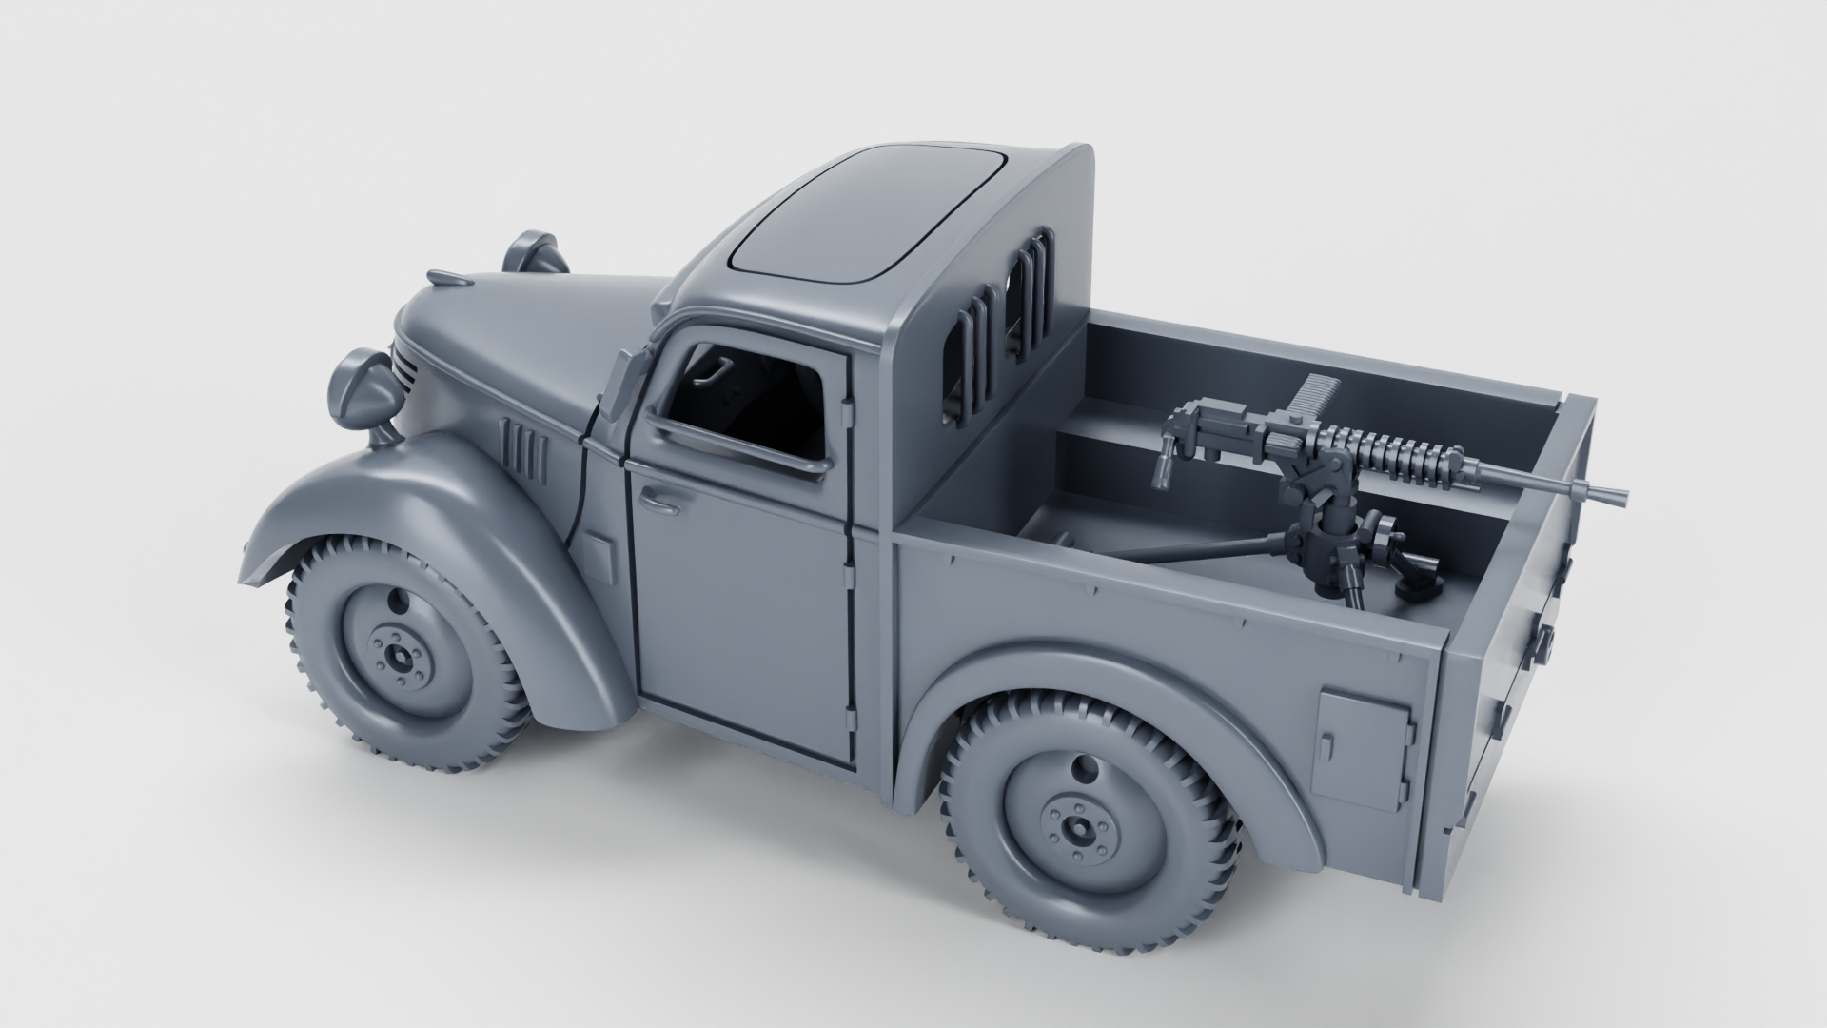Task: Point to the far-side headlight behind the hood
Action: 535,251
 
